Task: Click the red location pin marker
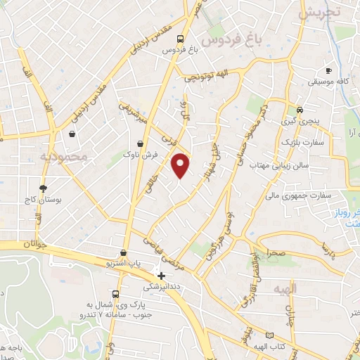click(x=181, y=165)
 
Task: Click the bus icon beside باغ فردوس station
click(x=181, y=39)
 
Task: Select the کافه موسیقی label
click(x=328, y=82)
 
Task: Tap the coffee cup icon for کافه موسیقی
click(x=328, y=70)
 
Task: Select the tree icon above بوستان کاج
click(x=44, y=188)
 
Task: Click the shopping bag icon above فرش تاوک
click(x=141, y=143)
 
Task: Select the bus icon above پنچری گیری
click(x=300, y=110)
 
